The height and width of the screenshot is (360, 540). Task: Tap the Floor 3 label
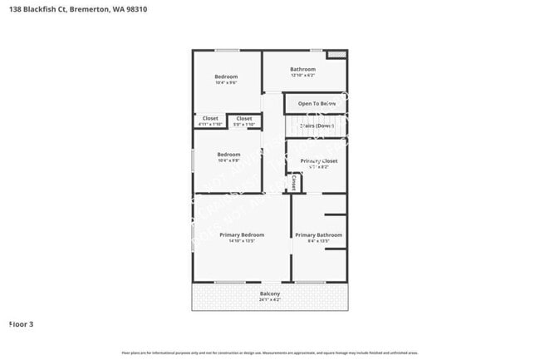pyautogui.click(x=22, y=323)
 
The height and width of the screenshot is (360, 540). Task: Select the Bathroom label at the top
pyautogui.click(x=302, y=69)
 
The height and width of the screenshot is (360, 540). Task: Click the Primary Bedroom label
pyautogui.click(x=242, y=235)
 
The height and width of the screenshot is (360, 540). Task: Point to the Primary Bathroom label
pyautogui.click(x=318, y=235)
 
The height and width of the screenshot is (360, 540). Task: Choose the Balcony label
pyautogui.click(x=270, y=293)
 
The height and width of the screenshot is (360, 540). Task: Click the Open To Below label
pyautogui.click(x=317, y=103)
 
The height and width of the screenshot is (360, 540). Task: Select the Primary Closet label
pyautogui.click(x=318, y=160)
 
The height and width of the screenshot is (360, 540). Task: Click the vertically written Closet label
pyautogui.click(x=294, y=181)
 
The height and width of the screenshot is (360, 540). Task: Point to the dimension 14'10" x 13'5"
pyautogui.click(x=242, y=242)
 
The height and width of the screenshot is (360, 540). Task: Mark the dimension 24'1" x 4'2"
pyautogui.click(x=270, y=300)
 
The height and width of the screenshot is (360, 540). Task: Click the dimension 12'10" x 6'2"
pyautogui.click(x=302, y=76)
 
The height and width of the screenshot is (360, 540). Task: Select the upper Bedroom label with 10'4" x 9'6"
pyautogui.click(x=226, y=76)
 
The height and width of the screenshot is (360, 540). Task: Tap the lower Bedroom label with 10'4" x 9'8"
pyautogui.click(x=228, y=155)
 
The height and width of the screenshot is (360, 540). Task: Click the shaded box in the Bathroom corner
pyautogui.click(x=336, y=55)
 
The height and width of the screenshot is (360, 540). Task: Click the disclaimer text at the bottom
pyautogui.click(x=270, y=353)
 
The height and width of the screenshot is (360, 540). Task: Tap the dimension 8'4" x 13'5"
pyautogui.click(x=318, y=242)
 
